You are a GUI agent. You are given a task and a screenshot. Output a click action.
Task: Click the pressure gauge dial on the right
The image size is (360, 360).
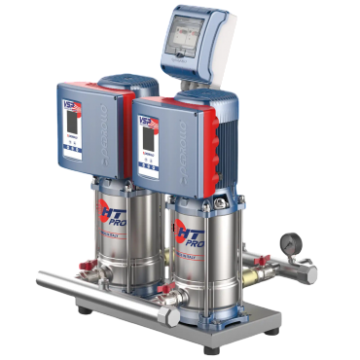(290, 241)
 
